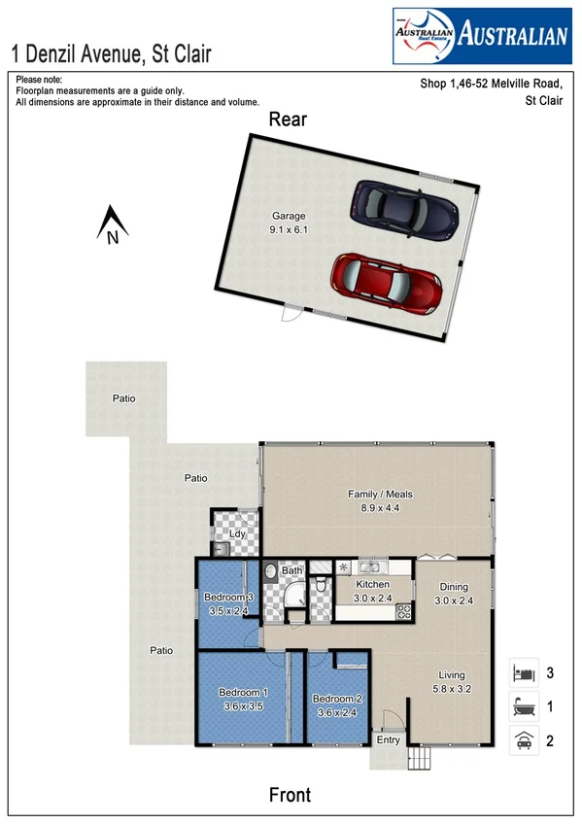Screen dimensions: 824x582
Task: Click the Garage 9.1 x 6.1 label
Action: click(x=288, y=223)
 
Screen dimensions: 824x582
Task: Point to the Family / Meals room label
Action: click(x=380, y=500)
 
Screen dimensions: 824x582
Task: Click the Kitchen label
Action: click(x=372, y=591)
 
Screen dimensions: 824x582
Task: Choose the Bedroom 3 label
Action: click(x=228, y=603)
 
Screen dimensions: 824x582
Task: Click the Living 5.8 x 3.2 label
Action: click(x=451, y=681)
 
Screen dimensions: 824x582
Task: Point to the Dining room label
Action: click(x=454, y=593)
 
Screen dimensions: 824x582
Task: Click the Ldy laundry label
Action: click(x=235, y=534)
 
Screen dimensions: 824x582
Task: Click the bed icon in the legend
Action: click(x=524, y=672)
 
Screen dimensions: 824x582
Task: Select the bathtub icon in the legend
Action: click(x=524, y=706)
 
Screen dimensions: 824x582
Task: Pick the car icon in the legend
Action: click(x=524, y=740)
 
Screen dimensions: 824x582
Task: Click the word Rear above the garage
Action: click(x=288, y=120)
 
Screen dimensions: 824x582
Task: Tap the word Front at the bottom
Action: click(x=290, y=795)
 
